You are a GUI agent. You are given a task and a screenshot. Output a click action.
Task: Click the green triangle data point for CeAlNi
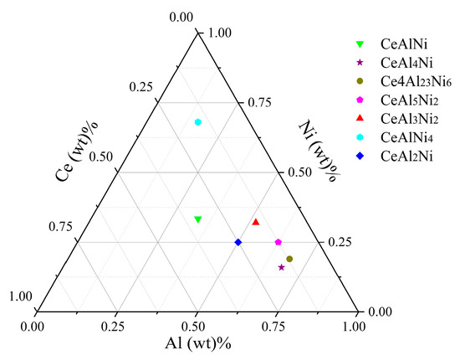198,219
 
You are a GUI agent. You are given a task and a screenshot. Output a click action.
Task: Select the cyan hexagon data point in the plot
198,122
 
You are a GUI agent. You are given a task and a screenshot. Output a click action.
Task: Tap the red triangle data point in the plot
256,222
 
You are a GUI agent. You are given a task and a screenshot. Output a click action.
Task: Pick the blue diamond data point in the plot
238,242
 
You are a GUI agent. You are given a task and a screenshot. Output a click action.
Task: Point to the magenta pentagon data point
278,242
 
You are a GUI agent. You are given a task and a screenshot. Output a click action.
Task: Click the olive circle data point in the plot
289,259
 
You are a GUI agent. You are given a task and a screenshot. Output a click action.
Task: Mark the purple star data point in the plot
281,267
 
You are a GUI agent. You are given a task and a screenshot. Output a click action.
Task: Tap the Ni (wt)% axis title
317,145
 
